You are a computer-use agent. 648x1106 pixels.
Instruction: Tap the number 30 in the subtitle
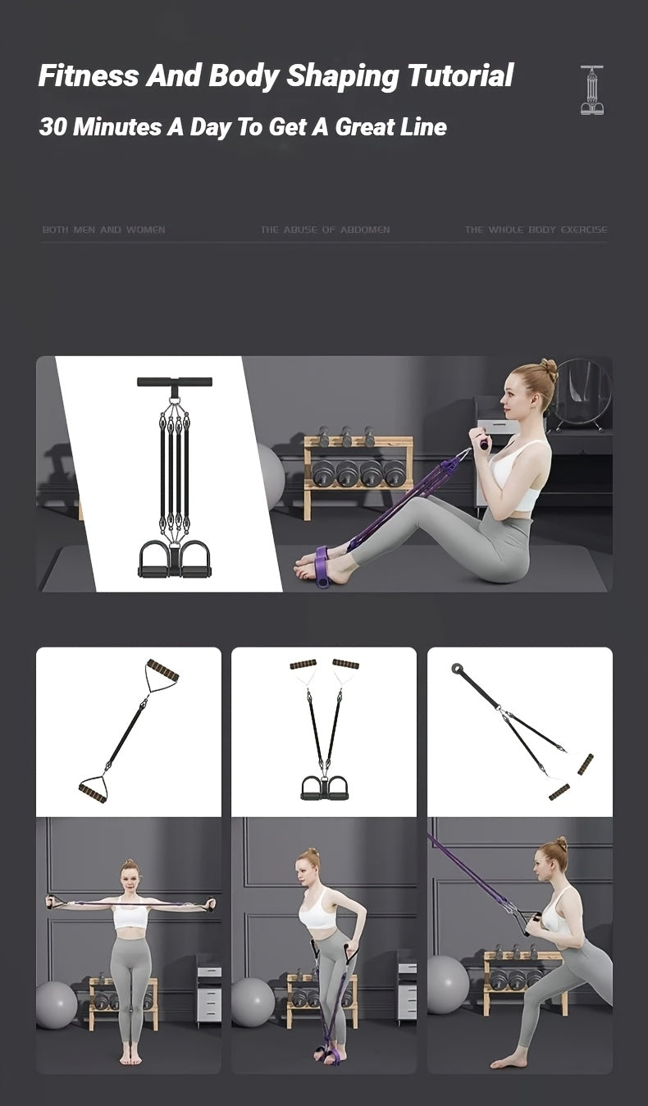(52, 127)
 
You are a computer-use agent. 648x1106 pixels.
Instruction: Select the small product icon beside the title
(591, 90)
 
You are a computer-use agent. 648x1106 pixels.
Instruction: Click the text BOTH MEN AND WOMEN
(103, 230)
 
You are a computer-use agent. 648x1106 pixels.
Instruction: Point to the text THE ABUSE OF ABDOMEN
(325, 230)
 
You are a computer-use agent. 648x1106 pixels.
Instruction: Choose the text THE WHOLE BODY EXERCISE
(536, 230)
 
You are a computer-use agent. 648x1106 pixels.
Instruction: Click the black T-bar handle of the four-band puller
(174, 382)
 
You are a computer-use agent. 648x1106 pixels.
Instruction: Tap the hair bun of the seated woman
(549, 370)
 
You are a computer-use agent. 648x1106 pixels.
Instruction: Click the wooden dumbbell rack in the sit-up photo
(358, 476)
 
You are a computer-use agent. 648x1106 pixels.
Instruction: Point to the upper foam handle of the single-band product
(162, 670)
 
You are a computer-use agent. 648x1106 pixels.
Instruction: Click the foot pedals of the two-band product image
(323, 788)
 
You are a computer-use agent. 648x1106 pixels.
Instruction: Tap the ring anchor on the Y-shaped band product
(457, 669)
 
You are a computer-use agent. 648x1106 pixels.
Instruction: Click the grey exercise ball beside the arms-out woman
(57, 1004)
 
